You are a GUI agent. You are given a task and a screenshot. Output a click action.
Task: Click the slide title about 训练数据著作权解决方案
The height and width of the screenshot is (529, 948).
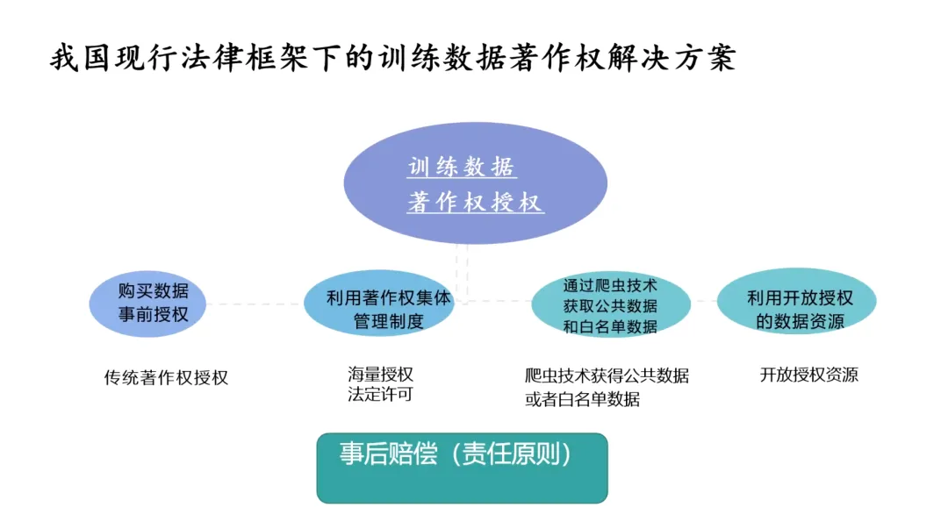tap(392, 60)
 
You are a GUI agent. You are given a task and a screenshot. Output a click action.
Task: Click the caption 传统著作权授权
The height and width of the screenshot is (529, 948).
tap(166, 378)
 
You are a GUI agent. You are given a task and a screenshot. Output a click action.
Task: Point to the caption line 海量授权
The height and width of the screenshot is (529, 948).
tap(380, 374)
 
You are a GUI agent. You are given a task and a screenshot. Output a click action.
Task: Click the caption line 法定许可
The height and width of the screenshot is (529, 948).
tap(380, 395)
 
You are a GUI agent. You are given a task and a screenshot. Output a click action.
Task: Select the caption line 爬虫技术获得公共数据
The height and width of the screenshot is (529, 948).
tap(607, 376)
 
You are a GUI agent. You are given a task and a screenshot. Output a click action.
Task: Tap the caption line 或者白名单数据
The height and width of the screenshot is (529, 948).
tap(582, 399)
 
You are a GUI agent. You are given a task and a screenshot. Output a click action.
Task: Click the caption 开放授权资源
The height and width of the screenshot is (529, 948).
tap(808, 375)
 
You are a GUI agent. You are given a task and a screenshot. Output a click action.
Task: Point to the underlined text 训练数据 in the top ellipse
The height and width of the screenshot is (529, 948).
tap(462, 167)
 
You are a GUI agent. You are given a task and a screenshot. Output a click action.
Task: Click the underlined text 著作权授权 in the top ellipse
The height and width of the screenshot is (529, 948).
tap(475, 203)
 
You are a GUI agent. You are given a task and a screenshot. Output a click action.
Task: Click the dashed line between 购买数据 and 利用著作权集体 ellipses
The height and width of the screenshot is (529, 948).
tap(255, 304)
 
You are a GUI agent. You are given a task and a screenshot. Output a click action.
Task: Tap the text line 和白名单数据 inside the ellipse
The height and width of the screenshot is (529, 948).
tap(610, 326)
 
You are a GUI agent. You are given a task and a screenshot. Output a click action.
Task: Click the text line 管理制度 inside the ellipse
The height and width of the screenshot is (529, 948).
tap(388, 321)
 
